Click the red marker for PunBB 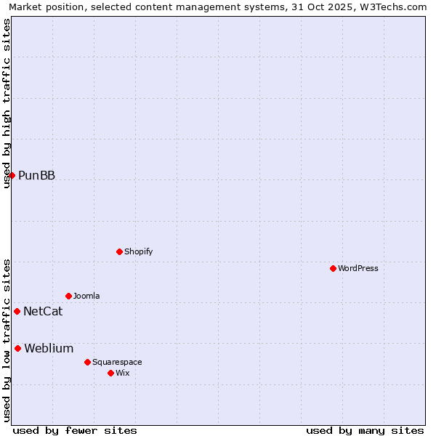coord(12,175)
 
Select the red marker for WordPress coord(333,268)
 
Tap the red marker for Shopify coord(119,251)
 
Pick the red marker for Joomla coord(68,296)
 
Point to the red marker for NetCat coord(17,311)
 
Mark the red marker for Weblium coord(17,348)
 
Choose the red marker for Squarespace coord(87,362)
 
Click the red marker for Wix coord(110,373)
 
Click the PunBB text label coord(36,175)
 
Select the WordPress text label coord(358,268)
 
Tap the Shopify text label coord(138,251)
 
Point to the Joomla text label coord(86,296)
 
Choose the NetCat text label coord(43,311)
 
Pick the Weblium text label coord(49,348)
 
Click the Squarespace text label coord(117,362)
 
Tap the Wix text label coord(122,373)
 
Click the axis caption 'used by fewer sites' coord(75,430)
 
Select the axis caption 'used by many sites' coord(365,430)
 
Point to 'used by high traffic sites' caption coord(7,103)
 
